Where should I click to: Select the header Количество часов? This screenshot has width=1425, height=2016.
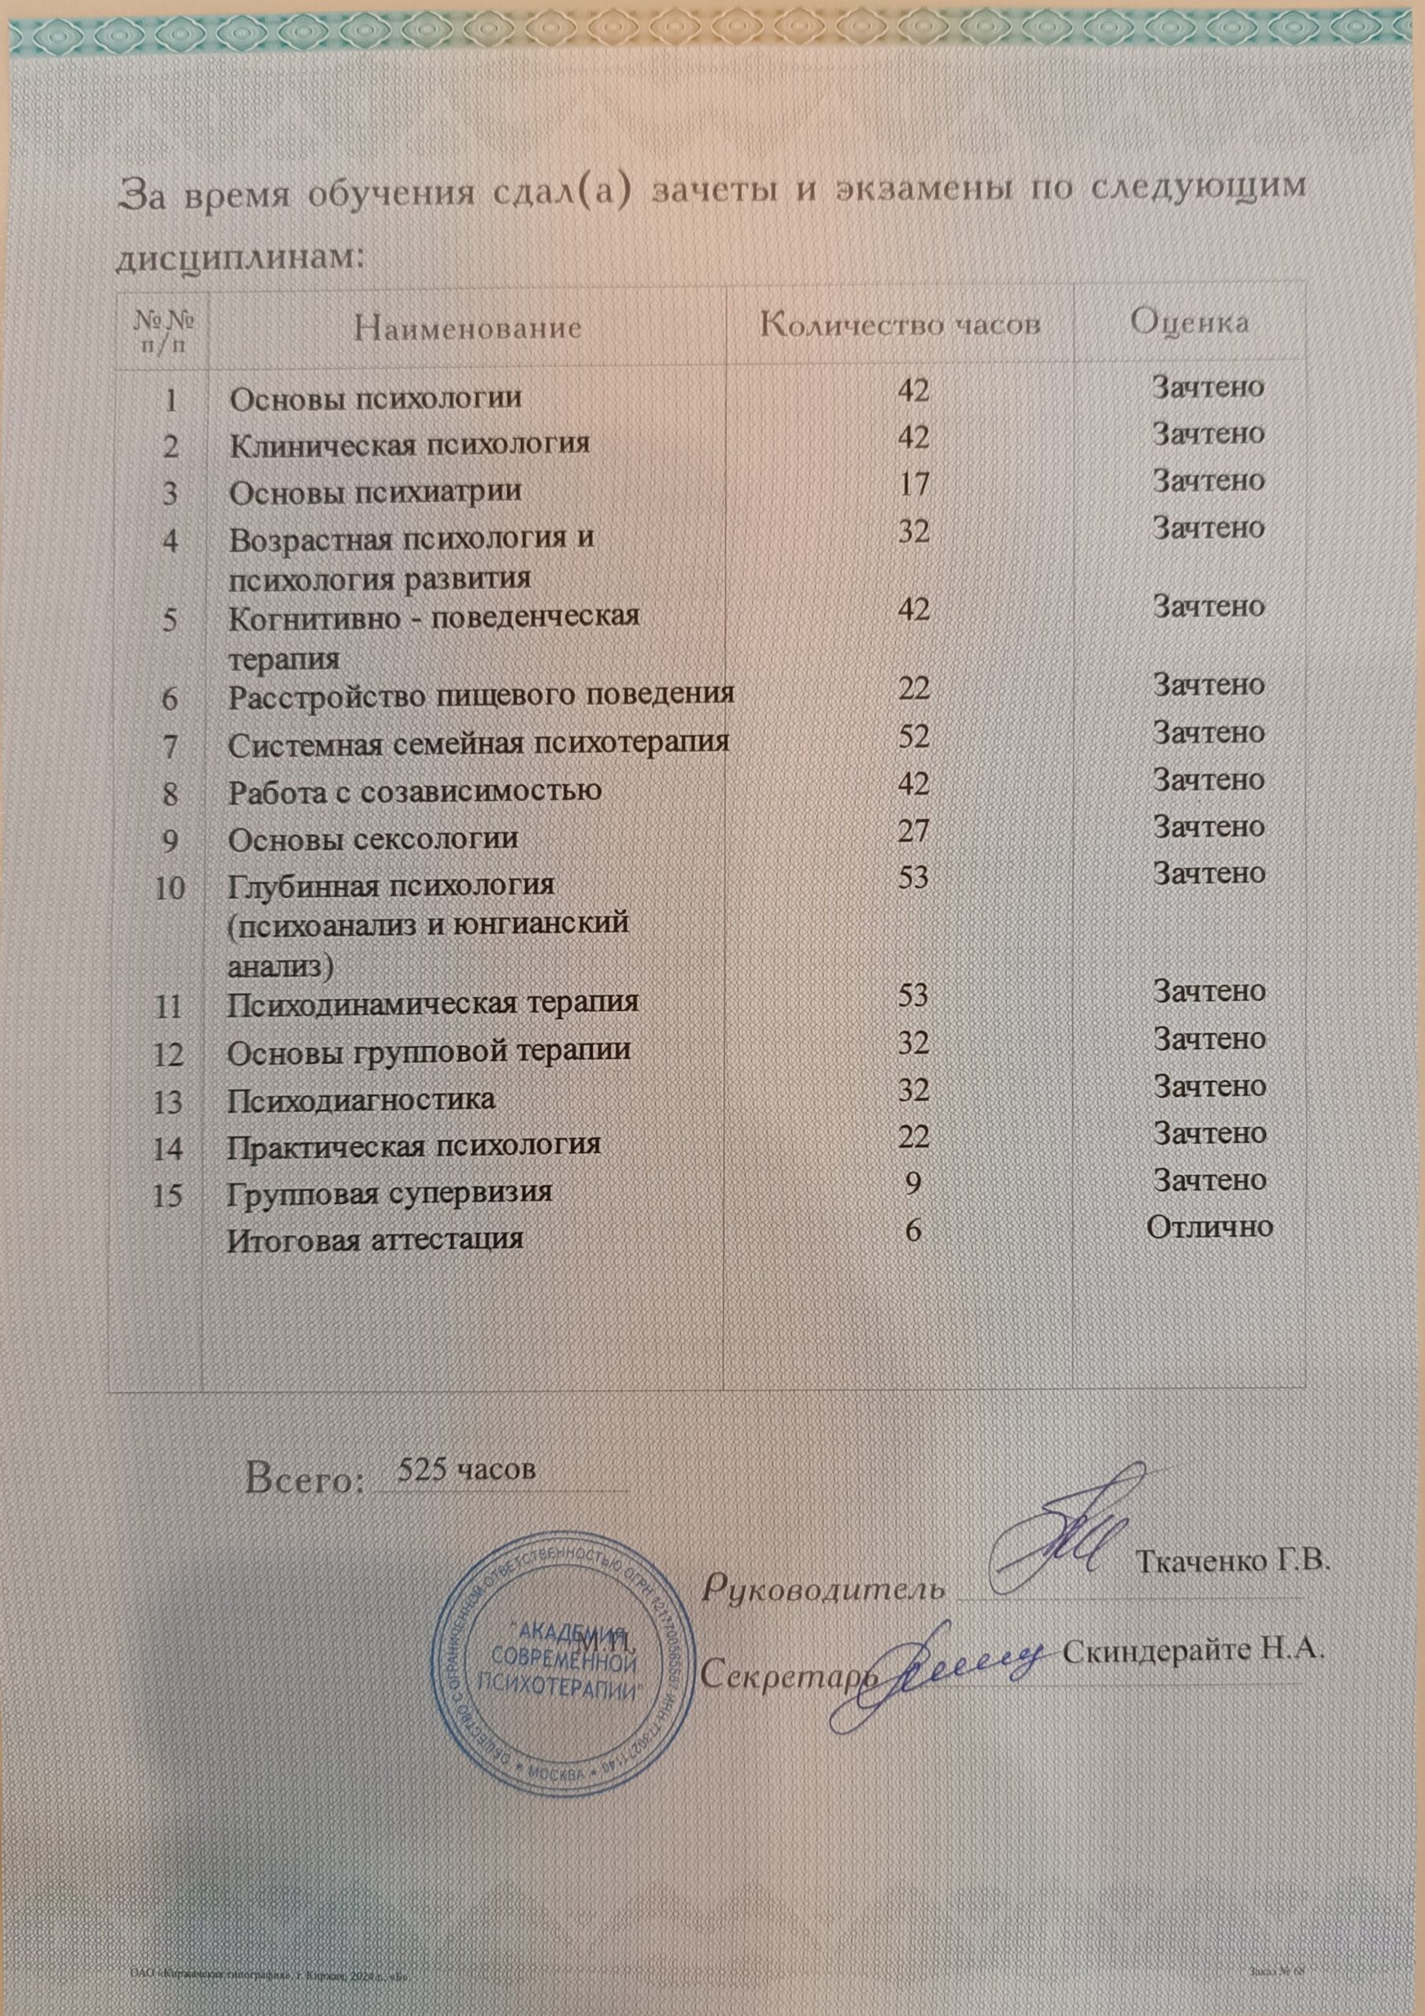pyautogui.click(x=901, y=325)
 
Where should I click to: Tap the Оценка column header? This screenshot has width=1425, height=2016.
pyautogui.click(x=1190, y=322)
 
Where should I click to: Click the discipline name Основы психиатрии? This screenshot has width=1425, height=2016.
pyautogui.click(x=375, y=491)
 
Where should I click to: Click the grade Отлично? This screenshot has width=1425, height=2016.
pyautogui.click(x=1210, y=1227)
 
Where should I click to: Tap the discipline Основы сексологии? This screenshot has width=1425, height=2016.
pyautogui.click(x=373, y=839)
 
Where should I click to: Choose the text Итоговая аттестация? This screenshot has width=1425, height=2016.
pyautogui.click(x=376, y=1239)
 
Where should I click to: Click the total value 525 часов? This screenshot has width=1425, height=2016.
pyautogui.click(x=466, y=1469)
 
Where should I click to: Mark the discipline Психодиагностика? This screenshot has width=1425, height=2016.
pyautogui.click(x=361, y=1099)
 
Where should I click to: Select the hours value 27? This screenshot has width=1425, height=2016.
pyautogui.click(x=913, y=830)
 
